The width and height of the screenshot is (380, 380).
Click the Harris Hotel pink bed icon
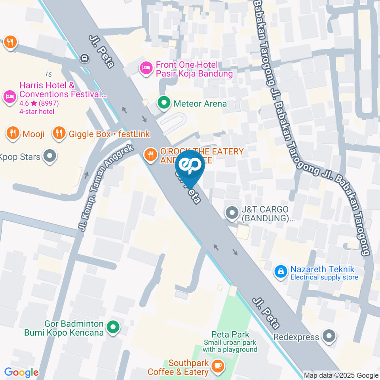[9, 96]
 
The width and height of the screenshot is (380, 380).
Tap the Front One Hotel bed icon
[146, 68]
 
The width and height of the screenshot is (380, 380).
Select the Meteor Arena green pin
[163, 104]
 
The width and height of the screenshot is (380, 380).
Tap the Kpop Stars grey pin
[50, 156]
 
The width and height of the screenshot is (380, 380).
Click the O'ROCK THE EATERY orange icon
[150, 154]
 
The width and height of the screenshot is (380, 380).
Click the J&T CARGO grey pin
[231, 213]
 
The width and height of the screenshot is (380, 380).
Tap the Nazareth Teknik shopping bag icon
[281, 272]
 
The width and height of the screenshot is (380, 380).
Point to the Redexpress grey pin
[329, 337]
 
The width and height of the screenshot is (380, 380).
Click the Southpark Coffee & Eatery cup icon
[217, 367]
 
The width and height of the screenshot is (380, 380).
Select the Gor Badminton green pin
[113, 327]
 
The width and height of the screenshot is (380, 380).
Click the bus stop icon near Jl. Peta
[84, 58]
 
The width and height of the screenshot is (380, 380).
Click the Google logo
[21, 372]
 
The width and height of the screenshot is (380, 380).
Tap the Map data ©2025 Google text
[341, 375]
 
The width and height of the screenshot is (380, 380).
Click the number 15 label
[49, 74]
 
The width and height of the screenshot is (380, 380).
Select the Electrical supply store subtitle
[324, 277]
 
